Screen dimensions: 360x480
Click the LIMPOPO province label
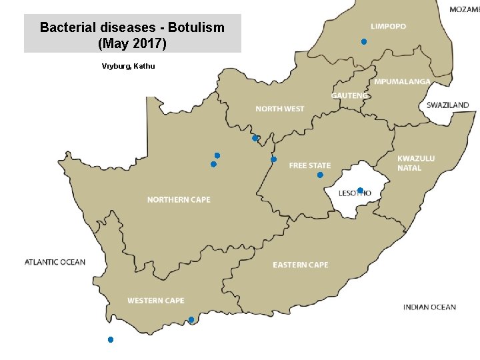388,27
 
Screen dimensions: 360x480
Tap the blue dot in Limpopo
363,42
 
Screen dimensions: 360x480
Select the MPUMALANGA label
401,82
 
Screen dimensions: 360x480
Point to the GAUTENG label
349,96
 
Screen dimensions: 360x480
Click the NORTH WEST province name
280,109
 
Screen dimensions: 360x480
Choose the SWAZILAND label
447,105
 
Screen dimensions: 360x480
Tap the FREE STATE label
309,165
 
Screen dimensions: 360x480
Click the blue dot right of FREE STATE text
320,175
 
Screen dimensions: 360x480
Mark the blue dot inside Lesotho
360,191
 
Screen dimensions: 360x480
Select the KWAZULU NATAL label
416,163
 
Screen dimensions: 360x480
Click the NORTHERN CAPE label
179,200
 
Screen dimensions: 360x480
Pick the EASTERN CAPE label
300,265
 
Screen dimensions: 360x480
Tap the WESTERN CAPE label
156,301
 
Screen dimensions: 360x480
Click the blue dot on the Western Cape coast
191,320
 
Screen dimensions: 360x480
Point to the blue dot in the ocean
111,340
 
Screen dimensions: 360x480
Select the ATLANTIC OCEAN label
55,262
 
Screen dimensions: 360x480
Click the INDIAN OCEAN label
429,307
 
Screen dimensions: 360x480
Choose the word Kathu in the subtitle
144,66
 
